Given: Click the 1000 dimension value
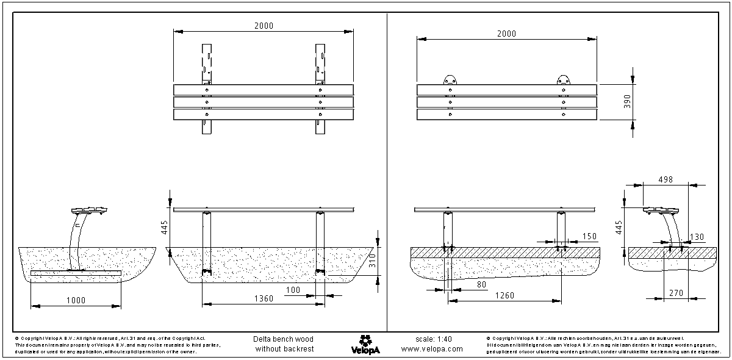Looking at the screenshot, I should point(76,300).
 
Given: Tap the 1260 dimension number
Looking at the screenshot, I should point(504,295).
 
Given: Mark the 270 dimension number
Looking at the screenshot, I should point(675,293).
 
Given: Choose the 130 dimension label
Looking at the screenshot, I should point(697,237).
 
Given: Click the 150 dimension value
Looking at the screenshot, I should point(589,236).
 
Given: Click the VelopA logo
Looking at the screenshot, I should point(366,344).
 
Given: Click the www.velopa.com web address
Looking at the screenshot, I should point(432,349).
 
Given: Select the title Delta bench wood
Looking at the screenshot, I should point(283,339).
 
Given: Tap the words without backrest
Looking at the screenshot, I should point(284,349).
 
